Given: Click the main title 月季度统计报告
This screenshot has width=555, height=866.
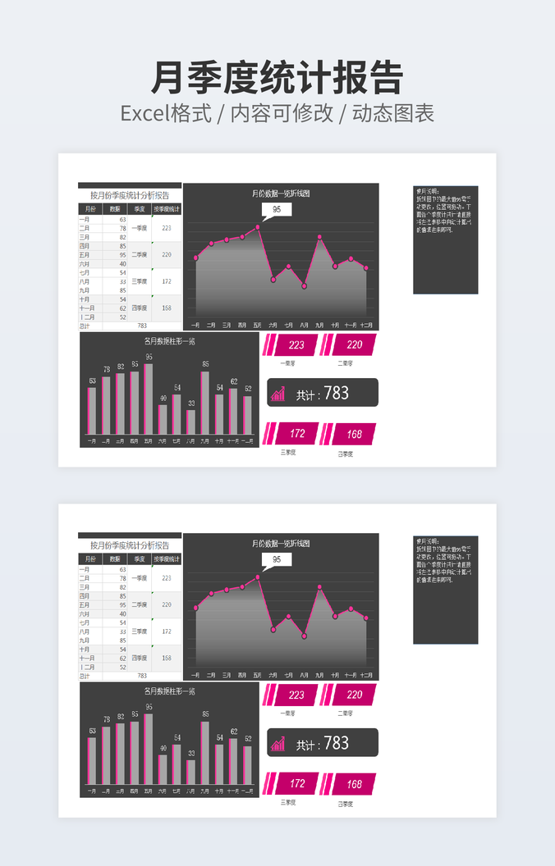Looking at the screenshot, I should tap(277, 79).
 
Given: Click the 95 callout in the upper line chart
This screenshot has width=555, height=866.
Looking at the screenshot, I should tap(277, 210).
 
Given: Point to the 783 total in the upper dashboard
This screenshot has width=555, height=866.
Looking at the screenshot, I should tap(337, 394).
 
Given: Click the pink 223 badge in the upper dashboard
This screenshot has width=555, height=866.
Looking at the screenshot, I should tap(296, 345).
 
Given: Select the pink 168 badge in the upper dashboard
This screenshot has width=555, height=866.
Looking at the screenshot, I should tap(353, 434).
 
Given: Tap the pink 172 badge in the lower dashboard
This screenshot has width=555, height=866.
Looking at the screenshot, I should tap(296, 784).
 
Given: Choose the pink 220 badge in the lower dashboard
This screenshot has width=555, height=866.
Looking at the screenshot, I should tap(354, 695).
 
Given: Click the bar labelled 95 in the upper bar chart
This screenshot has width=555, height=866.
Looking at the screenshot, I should tap(149, 399).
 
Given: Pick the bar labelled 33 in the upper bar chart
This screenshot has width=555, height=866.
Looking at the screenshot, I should tap(191, 422).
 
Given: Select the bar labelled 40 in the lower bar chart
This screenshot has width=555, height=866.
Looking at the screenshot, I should tap(163, 769).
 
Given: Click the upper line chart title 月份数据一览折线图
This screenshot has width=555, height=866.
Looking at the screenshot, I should tap(281, 194).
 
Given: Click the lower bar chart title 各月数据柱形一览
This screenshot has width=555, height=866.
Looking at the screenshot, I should tap(169, 691).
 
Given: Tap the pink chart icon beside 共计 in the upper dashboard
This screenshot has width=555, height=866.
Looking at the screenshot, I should tap(279, 394).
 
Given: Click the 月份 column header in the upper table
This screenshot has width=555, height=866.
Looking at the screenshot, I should tap(90, 209).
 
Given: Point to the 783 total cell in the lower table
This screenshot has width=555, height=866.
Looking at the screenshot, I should tap(142, 676).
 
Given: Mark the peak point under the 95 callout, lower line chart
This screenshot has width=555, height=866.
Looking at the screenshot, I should tap(258, 577).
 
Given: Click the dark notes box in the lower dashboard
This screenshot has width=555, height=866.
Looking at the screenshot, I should tap(445, 590).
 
